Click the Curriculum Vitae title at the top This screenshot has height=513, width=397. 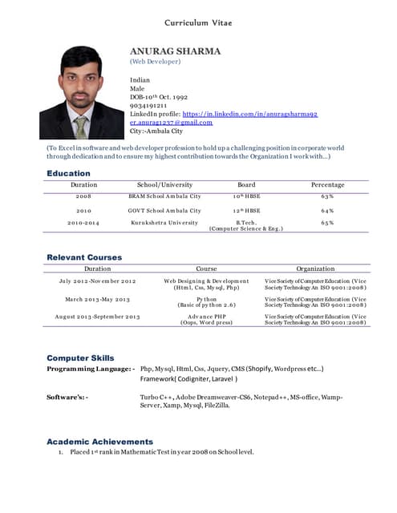pyautogui.click(x=198, y=22)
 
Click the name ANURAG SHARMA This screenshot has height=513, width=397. pyautogui.click(x=175, y=51)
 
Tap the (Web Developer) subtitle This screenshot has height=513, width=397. pyautogui.click(x=155, y=62)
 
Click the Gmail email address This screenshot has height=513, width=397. pyautogui.click(x=171, y=123)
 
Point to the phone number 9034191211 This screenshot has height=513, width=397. pyautogui.click(x=148, y=105)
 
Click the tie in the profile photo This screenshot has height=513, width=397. pyautogui.click(x=81, y=127)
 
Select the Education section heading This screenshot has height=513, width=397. pyautogui.click(x=68, y=173)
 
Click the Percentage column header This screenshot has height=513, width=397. pyautogui.click(x=327, y=185)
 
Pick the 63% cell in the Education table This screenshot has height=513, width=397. pyautogui.click(x=327, y=196)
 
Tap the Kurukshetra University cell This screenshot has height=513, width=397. pyautogui.click(x=164, y=222)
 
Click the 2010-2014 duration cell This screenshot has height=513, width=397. pyautogui.click(x=83, y=222)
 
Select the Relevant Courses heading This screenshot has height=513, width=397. pyautogui.click(x=84, y=257)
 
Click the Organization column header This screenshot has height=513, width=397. pyautogui.click(x=315, y=269)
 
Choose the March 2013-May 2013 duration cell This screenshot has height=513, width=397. pyautogui.click(x=97, y=299)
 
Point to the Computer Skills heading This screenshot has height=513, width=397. pyautogui.click(x=80, y=357)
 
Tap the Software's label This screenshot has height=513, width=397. pyautogui.click(x=68, y=397)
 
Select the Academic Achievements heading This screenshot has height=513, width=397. pyautogui.click(x=99, y=441)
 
